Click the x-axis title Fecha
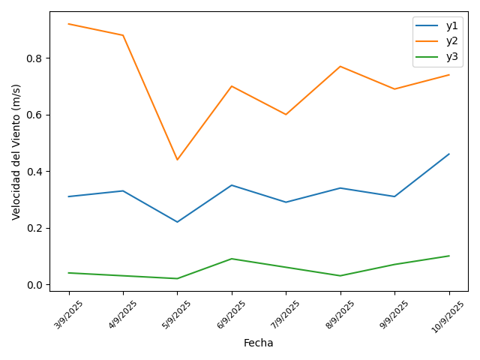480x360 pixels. click(259, 343)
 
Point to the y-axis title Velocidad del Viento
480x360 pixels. click(16, 151)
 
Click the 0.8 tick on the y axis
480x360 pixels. click(34, 58)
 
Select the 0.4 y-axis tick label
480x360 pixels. click(34, 172)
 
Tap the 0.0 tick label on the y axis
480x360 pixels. click(34, 285)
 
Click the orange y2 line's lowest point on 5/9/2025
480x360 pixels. click(177, 160)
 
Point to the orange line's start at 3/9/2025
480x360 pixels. click(69, 24)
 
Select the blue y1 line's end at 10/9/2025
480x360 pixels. click(448, 154)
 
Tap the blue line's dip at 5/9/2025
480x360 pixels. click(177, 222)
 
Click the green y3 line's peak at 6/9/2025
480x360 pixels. click(232, 259)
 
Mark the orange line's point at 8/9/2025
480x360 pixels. click(340, 67)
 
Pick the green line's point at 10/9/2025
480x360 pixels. click(448, 256)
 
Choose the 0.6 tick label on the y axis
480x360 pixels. click(34, 115)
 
